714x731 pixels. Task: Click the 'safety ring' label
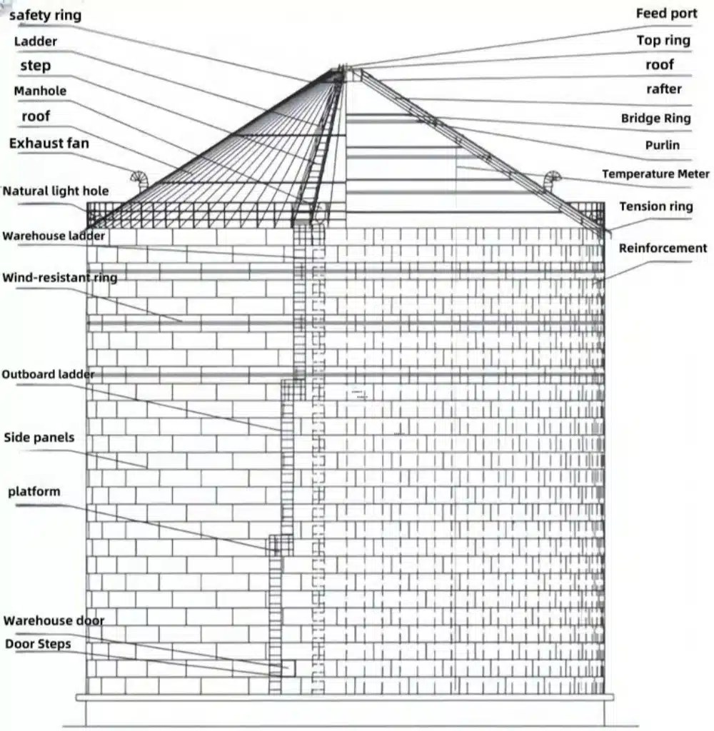44,14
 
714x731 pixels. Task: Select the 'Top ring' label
663,40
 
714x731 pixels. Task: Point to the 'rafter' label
663,89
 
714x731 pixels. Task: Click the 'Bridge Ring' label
655,118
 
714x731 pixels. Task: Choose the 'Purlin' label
662,145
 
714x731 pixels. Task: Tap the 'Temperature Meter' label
655,173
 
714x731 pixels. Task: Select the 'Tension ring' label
655,206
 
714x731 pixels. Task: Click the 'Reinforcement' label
663,248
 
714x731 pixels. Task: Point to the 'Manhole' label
40,91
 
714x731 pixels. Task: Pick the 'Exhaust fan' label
49,143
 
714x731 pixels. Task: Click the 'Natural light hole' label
56,191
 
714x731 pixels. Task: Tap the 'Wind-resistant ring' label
59,277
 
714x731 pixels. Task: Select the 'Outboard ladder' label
48,374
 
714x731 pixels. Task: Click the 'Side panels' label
39,437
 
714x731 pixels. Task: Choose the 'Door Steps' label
38,644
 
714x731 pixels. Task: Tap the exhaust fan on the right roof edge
551,178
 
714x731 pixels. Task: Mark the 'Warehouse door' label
54,620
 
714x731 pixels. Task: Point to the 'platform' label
34,492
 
